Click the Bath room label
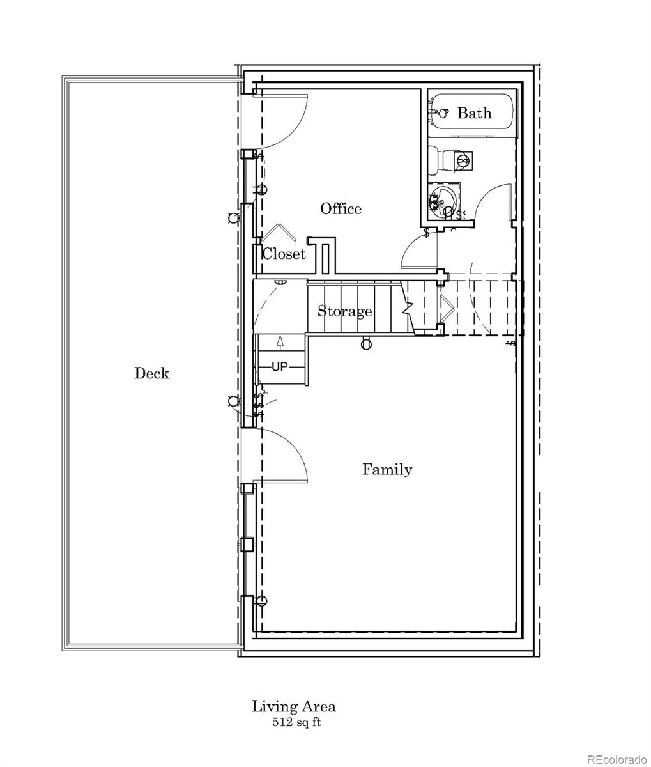tap(474, 113)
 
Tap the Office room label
tap(341, 209)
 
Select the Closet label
tap(284, 254)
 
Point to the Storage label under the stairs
tap(345, 311)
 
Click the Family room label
tap(387, 470)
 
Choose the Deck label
tap(151, 373)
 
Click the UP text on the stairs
tap(280, 367)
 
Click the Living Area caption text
tap(293, 706)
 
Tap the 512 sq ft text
tap(293, 723)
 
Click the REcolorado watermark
tap(617, 759)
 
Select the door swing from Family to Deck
tap(287, 451)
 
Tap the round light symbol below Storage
tap(365, 344)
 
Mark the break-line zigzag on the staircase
tap(408, 307)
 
